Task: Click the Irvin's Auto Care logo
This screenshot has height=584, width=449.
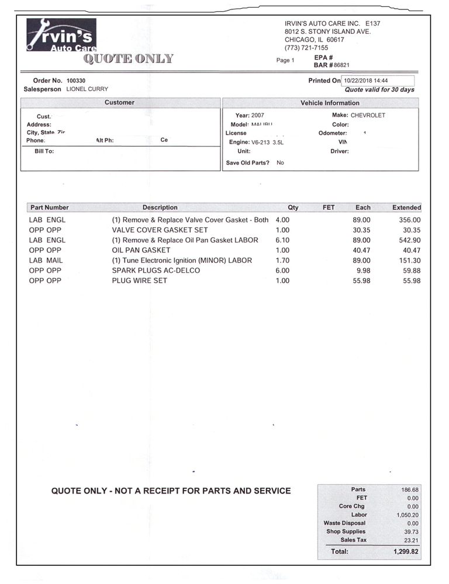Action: tap(61, 35)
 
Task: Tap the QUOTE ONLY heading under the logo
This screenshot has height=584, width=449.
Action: tap(129, 58)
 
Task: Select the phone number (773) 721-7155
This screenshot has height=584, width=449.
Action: tap(306, 48)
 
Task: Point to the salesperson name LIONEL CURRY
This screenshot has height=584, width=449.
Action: tap(87, 89)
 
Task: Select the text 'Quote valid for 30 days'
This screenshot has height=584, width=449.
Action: tap(379, 90)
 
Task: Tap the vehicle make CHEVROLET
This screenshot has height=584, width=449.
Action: tap(368, 116)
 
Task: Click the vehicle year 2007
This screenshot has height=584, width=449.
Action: tap(258, 116)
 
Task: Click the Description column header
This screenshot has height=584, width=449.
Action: tap(160, 207)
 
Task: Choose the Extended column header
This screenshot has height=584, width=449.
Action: tap(406, 207)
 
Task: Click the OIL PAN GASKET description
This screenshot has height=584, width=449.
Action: tap(141, 250)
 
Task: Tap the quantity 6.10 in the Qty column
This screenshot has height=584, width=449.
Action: tap(282, 240)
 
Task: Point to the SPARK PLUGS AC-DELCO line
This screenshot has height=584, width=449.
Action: tap(156, 270)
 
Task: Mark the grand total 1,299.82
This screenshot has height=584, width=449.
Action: tap(406, 551)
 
